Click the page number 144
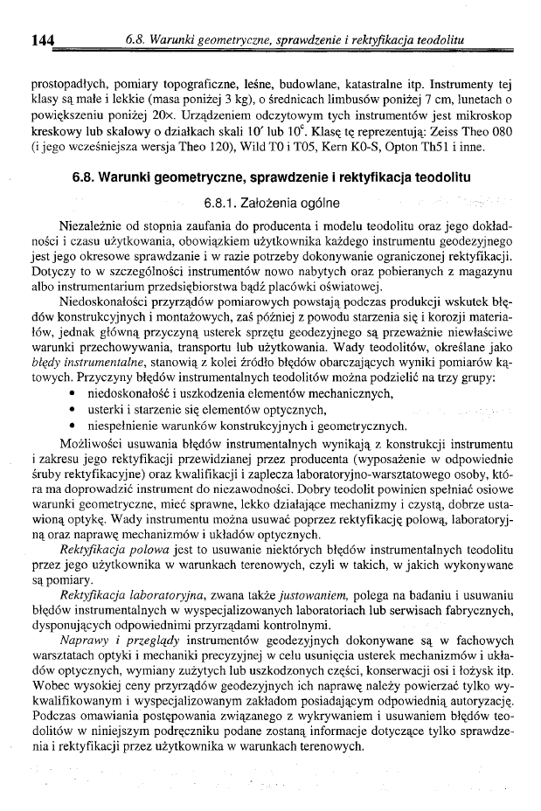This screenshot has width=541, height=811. [44, 39]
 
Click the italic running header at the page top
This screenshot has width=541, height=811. [294, 40]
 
